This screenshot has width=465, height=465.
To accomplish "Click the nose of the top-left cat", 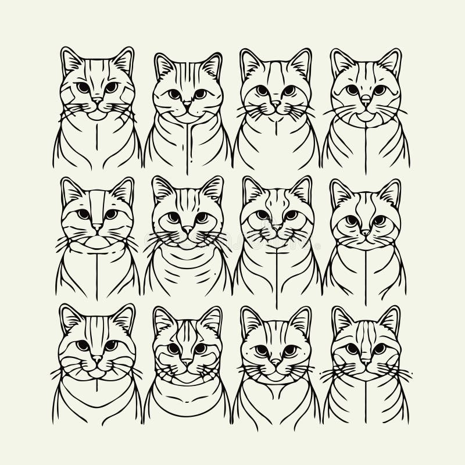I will coord(97,100).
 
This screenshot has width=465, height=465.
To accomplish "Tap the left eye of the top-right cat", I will coord(352,90).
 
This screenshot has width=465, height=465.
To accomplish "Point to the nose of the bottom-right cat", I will coord(366,361).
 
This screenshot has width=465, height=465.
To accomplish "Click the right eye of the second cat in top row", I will coord(199,94).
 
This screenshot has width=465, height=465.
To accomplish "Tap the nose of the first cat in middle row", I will coord(97,227).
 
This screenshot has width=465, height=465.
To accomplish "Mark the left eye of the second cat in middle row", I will coord(173,218).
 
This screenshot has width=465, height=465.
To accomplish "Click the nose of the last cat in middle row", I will coord(366,232).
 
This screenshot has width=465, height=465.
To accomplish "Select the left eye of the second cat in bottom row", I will coord(173,348).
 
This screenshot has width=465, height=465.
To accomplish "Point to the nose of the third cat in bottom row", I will coord(276,361).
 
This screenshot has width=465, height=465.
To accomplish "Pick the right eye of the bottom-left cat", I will coord(110,346).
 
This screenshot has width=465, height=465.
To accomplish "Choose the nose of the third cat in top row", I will coord(276,103).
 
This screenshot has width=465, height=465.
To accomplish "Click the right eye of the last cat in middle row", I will coord(379,220).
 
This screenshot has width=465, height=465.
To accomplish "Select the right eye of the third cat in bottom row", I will coord(289,350).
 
